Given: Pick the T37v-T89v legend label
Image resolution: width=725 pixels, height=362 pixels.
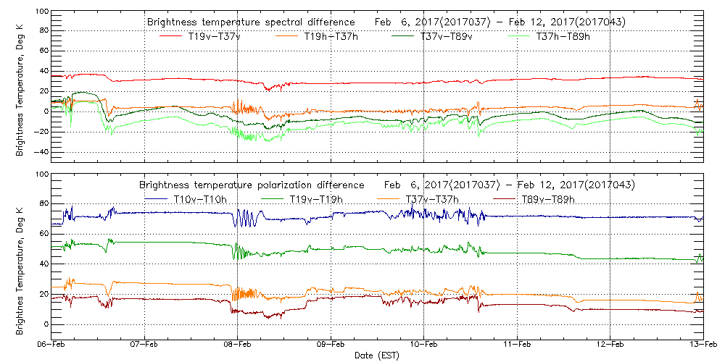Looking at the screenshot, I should pos(446,36).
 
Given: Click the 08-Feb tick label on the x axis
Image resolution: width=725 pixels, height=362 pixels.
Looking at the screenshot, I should pos(238,345).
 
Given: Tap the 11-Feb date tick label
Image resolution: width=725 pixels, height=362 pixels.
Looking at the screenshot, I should pos(517,345).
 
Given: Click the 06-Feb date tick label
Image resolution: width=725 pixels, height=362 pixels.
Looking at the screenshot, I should pos(52,345).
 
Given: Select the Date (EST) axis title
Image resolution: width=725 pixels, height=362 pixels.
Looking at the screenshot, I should pos(377,355).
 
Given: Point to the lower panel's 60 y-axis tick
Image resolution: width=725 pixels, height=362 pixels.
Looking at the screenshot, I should pos(42,235).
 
